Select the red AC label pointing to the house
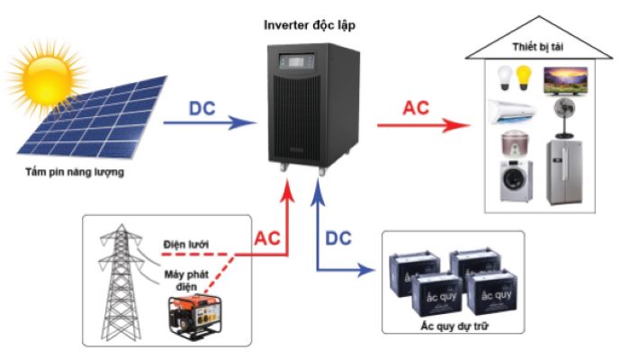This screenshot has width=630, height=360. (416, 107)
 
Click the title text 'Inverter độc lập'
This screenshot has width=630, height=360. (310, 24)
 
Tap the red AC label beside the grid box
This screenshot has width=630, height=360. (267, 238)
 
